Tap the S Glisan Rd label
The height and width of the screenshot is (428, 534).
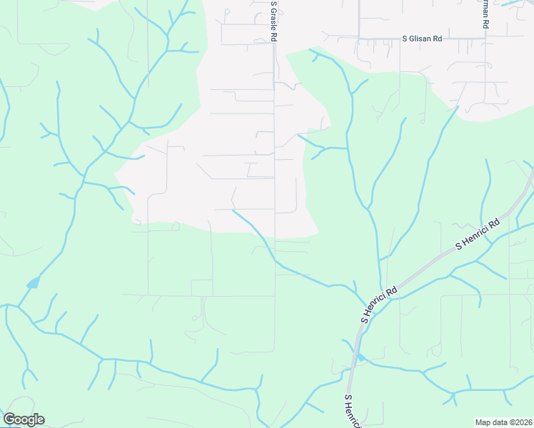pos(422,39)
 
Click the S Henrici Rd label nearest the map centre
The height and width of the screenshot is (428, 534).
pos(379,305)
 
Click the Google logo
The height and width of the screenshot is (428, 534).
pos(24,419)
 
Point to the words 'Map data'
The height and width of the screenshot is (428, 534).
pos(491,422)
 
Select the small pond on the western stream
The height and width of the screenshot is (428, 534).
pos(33,283)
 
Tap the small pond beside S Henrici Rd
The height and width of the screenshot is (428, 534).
pos(361,357)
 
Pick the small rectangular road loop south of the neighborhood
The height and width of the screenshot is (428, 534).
pos(201,287)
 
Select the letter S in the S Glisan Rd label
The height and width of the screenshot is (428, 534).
pos(405,39)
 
